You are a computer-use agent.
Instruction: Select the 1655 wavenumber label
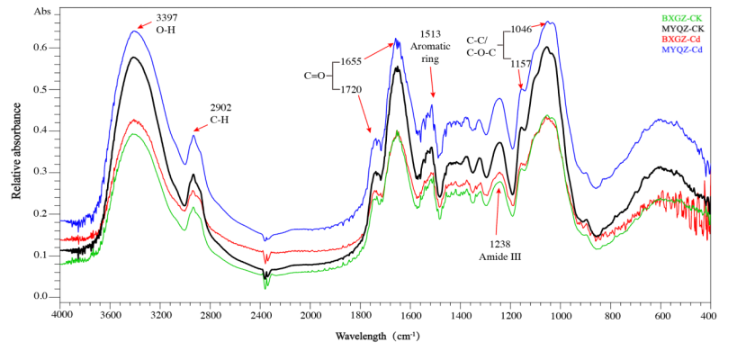point(351,60)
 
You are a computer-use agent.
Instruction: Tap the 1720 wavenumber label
point(351,90)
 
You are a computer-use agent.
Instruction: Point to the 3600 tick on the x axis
point(110,316)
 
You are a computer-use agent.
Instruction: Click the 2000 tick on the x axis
point(310,316)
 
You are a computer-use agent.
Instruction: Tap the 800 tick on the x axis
point(611,316)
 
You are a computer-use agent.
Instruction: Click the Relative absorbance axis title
point(16,150)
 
